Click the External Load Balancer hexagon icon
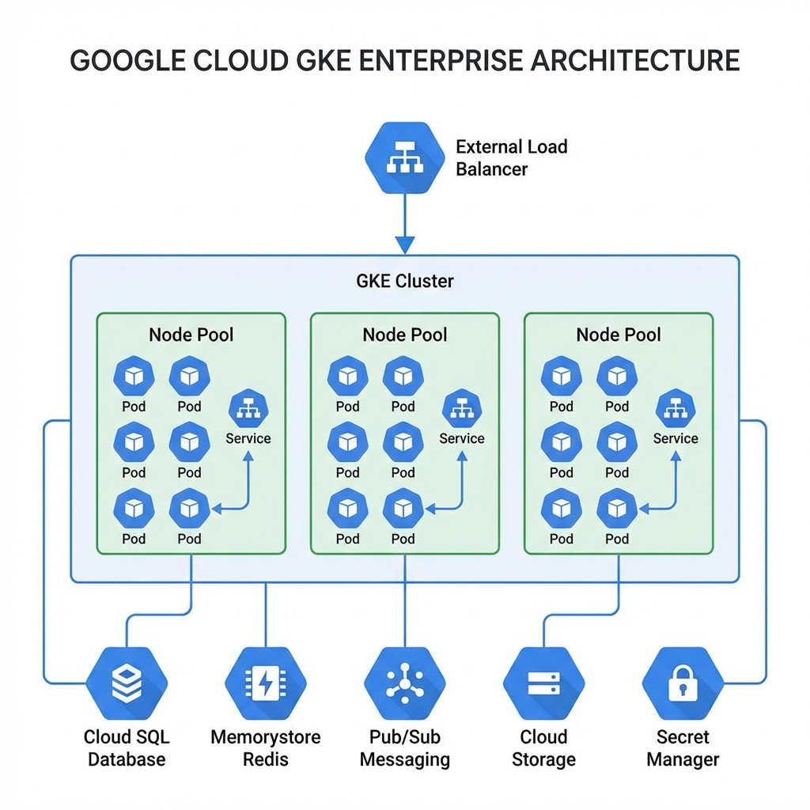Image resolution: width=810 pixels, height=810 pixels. (x=404, y=157)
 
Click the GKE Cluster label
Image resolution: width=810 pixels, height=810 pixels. (x=404, y=281)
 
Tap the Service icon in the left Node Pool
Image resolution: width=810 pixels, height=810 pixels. (x=248, y=410)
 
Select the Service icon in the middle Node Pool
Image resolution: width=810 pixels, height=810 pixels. (x=462, y=410)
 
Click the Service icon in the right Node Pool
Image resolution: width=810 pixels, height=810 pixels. (x=676, y=410)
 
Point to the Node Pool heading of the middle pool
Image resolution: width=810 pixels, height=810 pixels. (x=404, y=335)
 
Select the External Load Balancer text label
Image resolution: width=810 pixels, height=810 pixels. (x=511, y=157)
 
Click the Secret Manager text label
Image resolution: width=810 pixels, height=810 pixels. (x=683, y=748)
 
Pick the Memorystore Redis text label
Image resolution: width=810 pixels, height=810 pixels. (x=266, y=748)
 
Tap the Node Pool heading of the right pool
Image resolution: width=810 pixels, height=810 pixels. (x=619, y=335)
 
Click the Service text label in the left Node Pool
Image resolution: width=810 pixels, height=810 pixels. (x=248, y=438)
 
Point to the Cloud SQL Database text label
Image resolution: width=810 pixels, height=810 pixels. (x=127, y=748)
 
